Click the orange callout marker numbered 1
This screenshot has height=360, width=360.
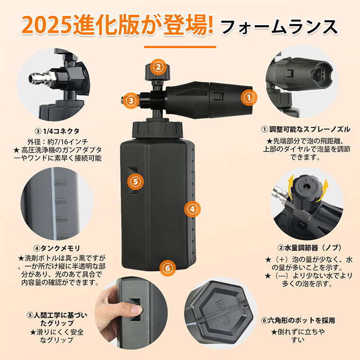249,98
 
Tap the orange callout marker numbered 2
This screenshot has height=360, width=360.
158,67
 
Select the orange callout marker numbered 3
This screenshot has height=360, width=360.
131,100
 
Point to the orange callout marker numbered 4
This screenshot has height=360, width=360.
192,209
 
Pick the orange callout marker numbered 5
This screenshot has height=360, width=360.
135,181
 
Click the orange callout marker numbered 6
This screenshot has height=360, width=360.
168,268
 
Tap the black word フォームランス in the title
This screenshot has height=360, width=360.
279,27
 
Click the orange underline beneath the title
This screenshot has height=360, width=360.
180,47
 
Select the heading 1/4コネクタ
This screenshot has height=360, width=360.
61,131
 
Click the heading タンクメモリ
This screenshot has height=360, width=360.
60,248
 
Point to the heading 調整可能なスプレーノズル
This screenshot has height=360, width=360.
310,129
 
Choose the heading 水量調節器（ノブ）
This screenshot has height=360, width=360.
313,247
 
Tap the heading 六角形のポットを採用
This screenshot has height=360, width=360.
301,320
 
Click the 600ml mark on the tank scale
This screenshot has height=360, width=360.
60,183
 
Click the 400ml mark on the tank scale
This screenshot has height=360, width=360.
62,220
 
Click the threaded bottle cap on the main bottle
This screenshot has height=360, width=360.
157,130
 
